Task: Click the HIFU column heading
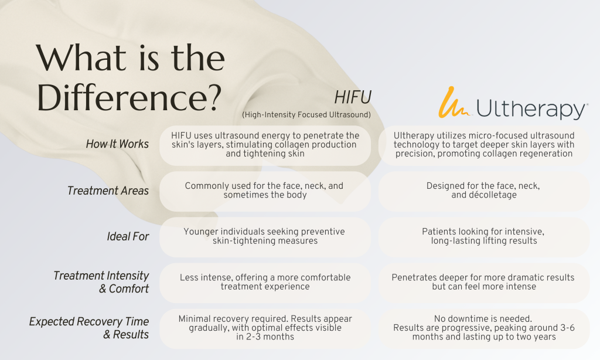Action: (x=352, y=98)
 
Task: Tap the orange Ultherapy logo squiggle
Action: (x=454, y=102)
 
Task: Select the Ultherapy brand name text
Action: (x=531, y=109)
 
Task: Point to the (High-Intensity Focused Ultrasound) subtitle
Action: (x=306, y=114)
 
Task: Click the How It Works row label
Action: (x=117, y=144)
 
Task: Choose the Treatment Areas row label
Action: (x=108, y=191)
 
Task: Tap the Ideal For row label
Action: (x=128, y=236)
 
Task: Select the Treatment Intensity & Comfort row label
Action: (x=101, y=282)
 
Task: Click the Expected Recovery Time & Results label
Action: (x=89, y=328)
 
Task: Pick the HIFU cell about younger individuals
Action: (x=265, y=237)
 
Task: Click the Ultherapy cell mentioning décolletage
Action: (x=483, y=191)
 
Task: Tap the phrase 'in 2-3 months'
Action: (x=265, y=337)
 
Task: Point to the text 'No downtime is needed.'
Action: (x=483, y=318)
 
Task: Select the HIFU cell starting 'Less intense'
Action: (x=265, y=283)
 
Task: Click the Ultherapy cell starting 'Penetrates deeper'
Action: (x=483, y=283)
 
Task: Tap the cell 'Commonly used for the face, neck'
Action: (x=265, y=191)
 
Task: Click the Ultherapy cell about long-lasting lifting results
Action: (x=483, y=237)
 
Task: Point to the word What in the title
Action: (x=81, y=58)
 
